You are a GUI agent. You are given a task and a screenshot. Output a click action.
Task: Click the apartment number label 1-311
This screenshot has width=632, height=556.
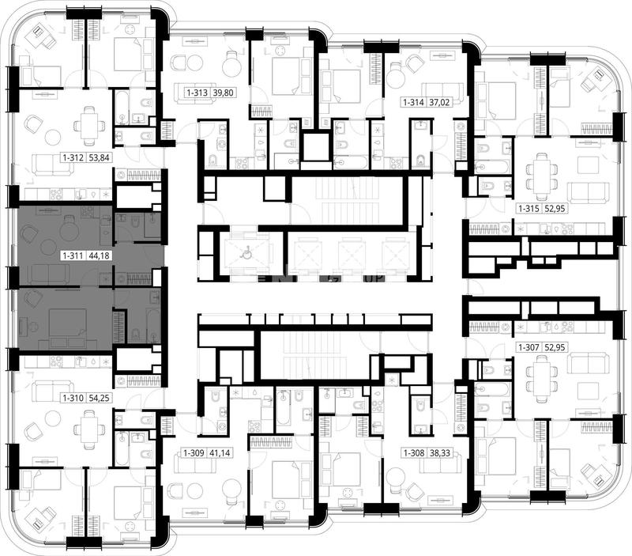(73, 255)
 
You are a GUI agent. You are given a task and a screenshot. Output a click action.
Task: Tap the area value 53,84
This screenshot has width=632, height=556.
(99, 157)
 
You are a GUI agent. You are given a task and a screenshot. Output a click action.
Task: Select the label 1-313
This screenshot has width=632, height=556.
(197, 93)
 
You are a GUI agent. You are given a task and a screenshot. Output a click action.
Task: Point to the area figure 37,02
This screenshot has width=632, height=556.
(439, 103)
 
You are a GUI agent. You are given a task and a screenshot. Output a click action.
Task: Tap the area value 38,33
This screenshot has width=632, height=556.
(440, 453)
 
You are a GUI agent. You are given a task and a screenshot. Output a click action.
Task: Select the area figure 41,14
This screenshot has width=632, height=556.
(220, 453)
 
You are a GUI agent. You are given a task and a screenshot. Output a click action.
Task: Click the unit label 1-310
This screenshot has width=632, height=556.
(73, 398)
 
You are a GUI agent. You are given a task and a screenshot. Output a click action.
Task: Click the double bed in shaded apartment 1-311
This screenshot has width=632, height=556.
(67, 325)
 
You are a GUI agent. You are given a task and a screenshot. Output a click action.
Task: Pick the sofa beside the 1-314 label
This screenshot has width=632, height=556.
(442, 90)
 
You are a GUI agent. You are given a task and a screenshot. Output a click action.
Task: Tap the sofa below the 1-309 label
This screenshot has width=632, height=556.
(195, 463)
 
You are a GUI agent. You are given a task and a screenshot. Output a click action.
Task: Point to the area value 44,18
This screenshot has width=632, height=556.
(99, 255)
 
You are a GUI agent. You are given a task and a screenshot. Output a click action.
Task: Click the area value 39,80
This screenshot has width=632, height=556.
(223, 93)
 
